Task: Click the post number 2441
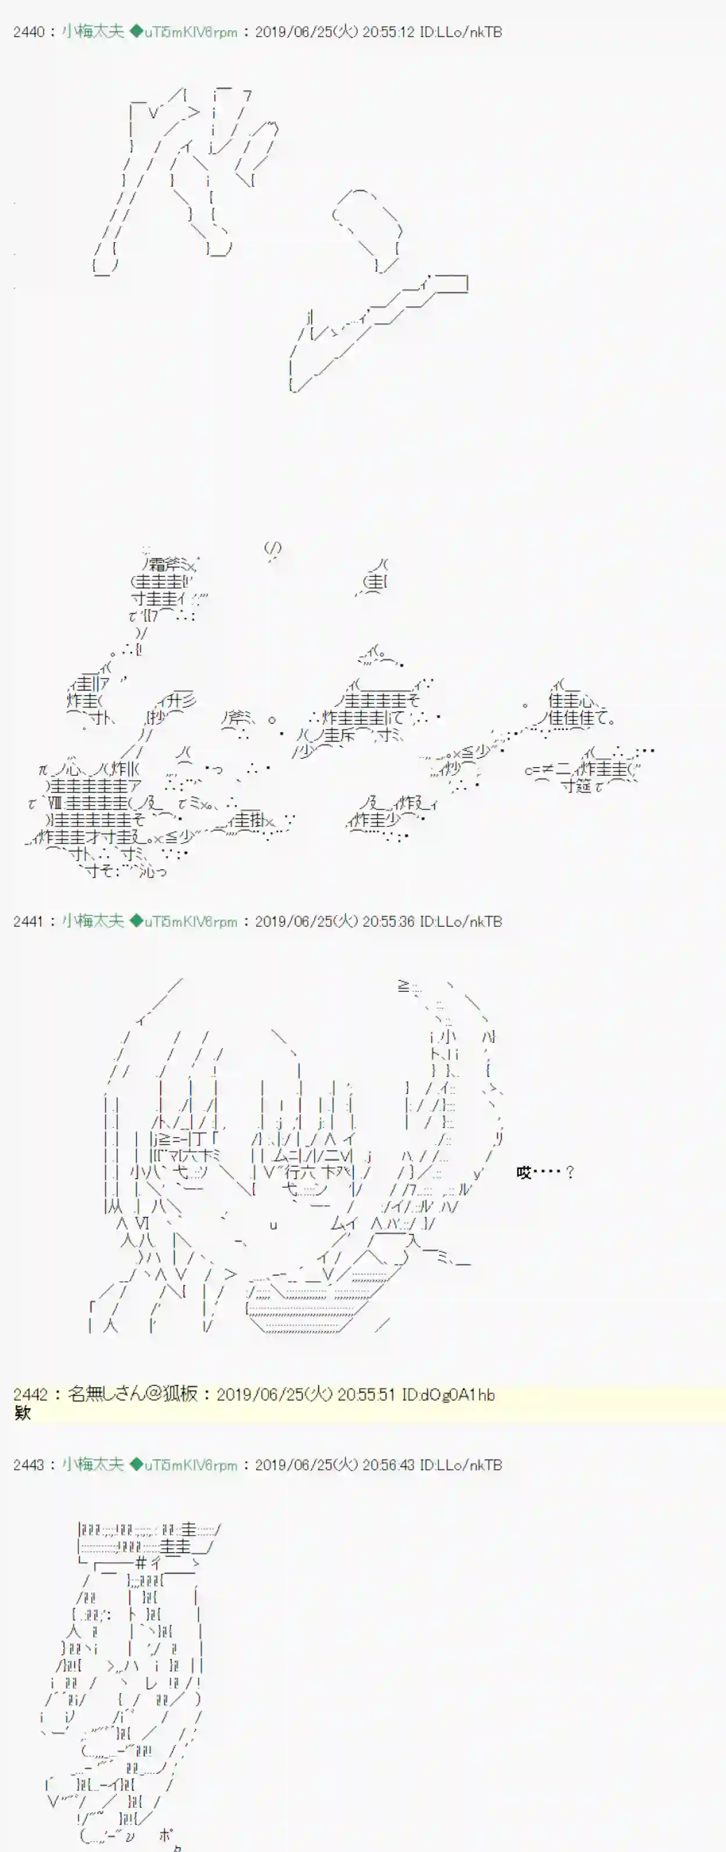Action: [29, 922]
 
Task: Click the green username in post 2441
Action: [93, 922]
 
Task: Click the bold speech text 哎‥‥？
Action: [544, 1173]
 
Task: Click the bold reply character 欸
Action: [22, 1413]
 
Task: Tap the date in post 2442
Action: [275, 1394]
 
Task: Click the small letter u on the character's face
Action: [273, 1225]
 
